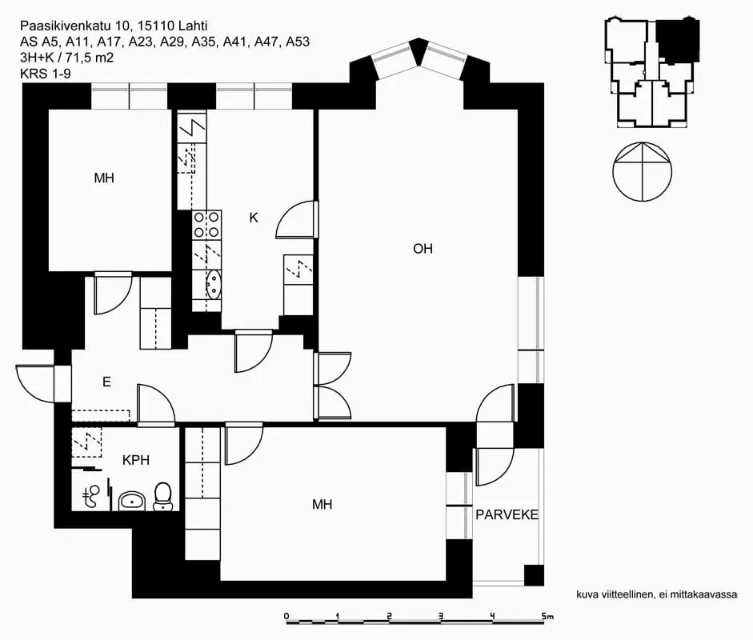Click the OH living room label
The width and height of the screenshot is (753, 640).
coord(423,249)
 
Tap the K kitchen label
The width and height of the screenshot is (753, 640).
coord(254,218)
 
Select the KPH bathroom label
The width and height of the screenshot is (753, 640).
coord(136,460)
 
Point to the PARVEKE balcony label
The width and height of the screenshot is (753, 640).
coord(507,514)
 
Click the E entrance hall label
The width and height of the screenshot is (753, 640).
coord(106,382)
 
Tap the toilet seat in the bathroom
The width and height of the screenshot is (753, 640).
coord(162,497)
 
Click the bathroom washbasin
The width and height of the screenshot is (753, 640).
coord(131,501)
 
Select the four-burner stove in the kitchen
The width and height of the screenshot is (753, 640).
coord(207,225)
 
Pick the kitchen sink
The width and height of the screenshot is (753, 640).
coord(213,284)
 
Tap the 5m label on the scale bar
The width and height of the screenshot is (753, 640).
coord(547,616)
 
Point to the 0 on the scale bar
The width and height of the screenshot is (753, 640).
coord(286,616)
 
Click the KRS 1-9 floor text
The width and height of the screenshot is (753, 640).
coord(45,74)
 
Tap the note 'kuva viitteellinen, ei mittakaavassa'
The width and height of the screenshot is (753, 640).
coord(656,594)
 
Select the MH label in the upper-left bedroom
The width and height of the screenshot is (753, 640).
coord(104,178)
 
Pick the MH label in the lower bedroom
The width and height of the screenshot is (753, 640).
coord(322,504)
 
